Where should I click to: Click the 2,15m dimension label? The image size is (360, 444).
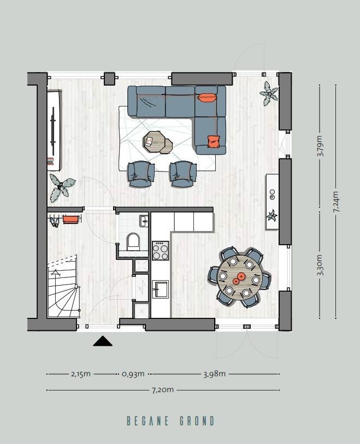click(81, 374)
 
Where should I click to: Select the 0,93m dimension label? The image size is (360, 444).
click(133, 374)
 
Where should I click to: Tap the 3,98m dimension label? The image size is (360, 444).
click(214, 374)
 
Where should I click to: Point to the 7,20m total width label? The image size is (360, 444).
click(163, 390)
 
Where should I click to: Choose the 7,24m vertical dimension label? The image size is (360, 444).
click(336, 202)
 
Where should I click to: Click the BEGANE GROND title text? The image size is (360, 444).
click(170, 421)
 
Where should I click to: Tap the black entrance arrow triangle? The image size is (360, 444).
click(103, 341)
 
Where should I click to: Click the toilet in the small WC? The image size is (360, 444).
click(133, 242)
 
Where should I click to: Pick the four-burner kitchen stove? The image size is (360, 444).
click(161, 251)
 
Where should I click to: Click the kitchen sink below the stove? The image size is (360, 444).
click(161, 288)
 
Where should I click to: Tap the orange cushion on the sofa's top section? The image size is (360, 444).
click(207, 98)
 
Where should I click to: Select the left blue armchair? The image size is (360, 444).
click(140, 173)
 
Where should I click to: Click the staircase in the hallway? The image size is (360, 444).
click(63, 292)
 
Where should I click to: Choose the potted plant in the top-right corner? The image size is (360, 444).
click(268, 93)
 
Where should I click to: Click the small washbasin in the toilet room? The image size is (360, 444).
click(144, 221)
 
